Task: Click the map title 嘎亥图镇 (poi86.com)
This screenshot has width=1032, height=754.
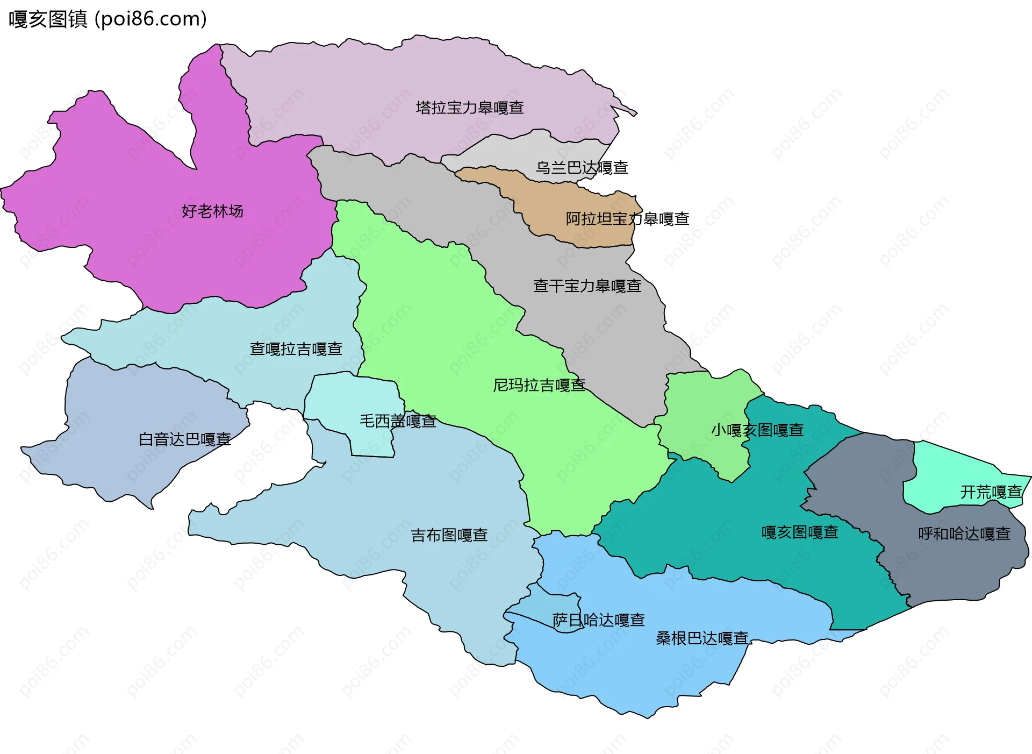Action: point(107,19)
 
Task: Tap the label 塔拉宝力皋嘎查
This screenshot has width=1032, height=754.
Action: point(470,108)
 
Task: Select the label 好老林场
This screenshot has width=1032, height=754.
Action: point(212,211)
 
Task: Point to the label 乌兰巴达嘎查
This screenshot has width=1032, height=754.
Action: point(582,168)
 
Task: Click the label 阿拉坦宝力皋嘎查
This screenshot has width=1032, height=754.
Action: point(627,219)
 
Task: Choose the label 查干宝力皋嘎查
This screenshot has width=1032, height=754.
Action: point(587,286)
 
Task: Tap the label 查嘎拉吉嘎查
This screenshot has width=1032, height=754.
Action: point(296,349)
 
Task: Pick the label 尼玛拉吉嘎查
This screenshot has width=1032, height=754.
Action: point(539,385)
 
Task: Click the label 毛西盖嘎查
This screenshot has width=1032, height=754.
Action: point(398,421)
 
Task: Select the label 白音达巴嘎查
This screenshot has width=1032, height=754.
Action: point(184,439)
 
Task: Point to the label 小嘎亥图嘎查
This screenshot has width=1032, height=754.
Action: point(757,430)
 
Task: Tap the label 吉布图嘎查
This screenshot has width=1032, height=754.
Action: point(449,535)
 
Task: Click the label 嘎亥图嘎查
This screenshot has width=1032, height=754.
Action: point(800,532)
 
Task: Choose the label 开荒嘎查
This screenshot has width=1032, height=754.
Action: point(991,492)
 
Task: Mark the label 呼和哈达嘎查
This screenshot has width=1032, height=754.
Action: point(964,534)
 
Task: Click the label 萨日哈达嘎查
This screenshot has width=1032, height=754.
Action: point(598,620)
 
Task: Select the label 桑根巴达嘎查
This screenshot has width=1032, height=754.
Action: point(702,638)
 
